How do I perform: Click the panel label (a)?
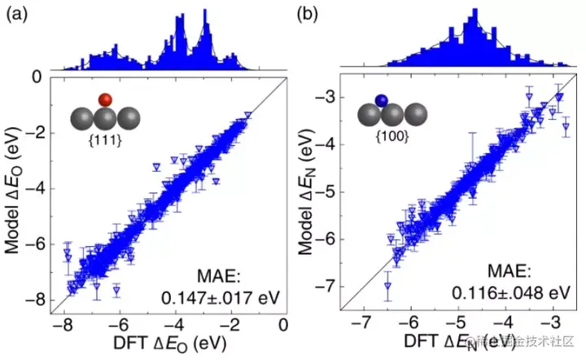tap(15, 13)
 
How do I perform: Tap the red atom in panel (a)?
tap(104, 99)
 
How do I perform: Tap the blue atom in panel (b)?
tap(381, 100)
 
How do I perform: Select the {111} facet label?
tap(104, 142)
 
